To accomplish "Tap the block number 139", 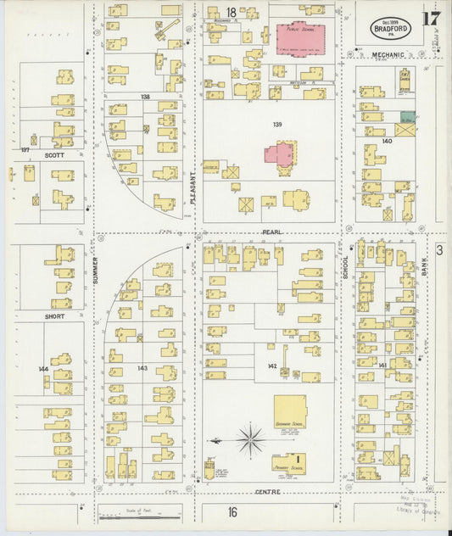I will [277, 125].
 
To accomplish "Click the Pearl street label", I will [272, 232].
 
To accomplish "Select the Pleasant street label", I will [193, 187].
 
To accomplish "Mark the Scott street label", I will [54, 155].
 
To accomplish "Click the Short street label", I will [55, 316].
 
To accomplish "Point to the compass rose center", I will [251, 439].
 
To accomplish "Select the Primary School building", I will [288, 463].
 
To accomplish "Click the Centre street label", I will [267, 492].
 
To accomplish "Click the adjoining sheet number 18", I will [230, 12].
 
